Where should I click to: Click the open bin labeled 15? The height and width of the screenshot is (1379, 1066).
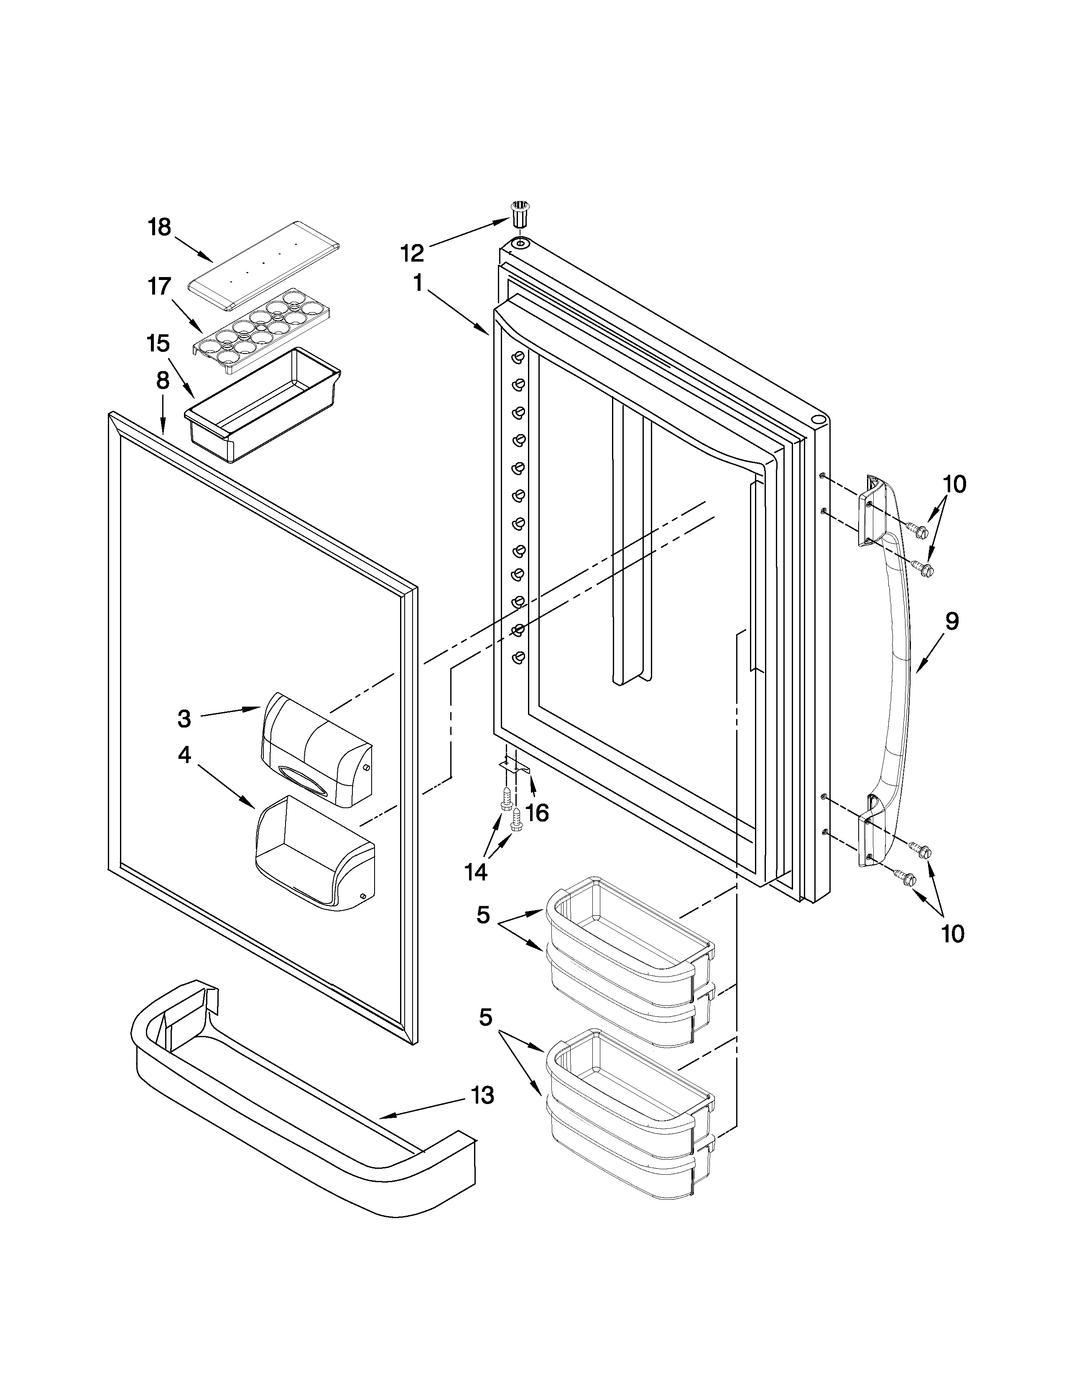coord(263,404)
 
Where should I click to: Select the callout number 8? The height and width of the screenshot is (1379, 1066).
coord(163,380)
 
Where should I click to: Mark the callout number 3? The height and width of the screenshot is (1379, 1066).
coord(184,719)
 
